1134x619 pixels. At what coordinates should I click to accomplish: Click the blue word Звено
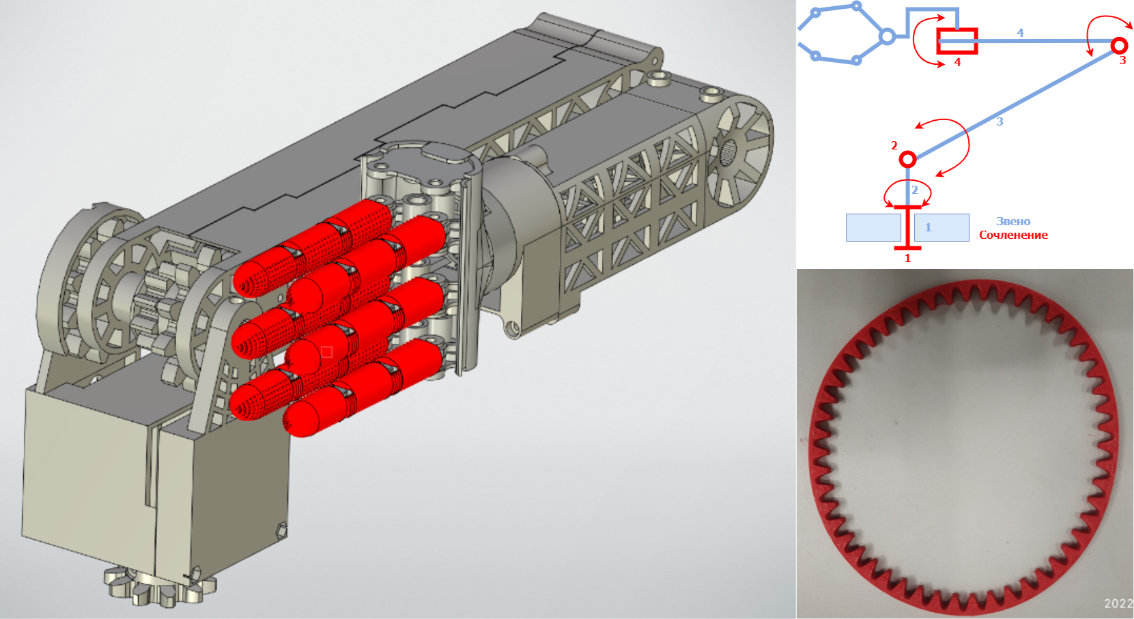coord(1013,221)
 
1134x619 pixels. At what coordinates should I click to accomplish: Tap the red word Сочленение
coord(1013,235)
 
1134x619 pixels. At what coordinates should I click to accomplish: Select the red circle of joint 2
coord(907,160)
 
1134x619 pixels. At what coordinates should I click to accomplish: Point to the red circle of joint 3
coord(1119,46)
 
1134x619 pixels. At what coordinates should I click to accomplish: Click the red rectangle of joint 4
coord(956,41)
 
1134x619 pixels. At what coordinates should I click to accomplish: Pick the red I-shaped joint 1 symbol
coord(907,227)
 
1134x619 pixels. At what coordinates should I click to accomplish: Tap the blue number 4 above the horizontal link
coord(1020,33)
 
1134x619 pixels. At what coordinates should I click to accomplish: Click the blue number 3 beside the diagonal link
coord(1000,121)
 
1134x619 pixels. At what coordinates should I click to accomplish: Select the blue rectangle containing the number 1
coord(941,227)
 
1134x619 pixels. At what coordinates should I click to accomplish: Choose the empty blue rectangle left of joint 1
coord(873,227)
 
